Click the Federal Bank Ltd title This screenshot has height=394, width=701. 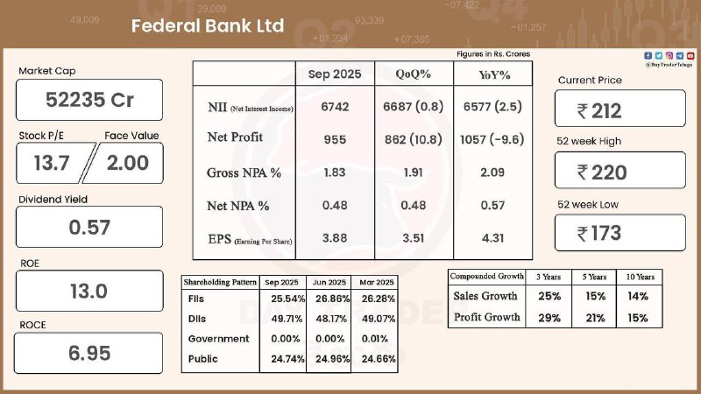point(208,26)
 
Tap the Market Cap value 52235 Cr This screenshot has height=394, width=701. point(89,100)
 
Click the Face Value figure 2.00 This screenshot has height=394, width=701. point(127,162)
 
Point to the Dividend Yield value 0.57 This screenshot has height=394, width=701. point(89,227)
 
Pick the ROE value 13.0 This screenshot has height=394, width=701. point(89,291)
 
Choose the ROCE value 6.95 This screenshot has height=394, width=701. point(89,354)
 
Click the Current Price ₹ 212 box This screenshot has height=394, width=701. point(620,110)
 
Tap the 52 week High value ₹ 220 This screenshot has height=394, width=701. point(620,172)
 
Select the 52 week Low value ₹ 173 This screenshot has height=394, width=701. point(620,233)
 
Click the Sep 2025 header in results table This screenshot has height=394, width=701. point(334,74)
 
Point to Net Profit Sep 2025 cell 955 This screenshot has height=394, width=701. point(334,138)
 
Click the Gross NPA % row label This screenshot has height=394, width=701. point(244,172)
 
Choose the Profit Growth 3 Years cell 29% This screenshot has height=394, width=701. point(549,317)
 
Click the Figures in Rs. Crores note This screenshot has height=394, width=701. point(493,54)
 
